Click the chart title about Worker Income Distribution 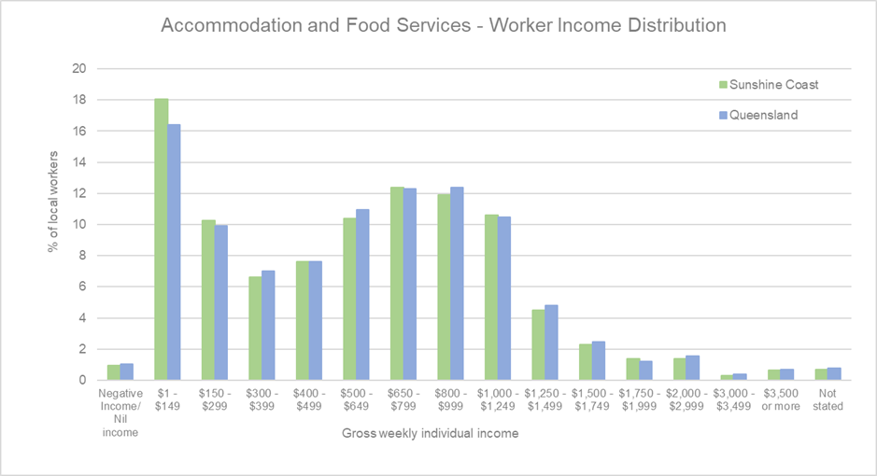click(x=444, y=26)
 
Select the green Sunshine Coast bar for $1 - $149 click(x=161, y=239)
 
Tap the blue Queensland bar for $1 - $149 click(x=174, y=252)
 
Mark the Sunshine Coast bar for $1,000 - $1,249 click(x=491, y=298)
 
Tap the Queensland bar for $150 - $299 click(x=221, y=302)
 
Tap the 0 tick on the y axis click(x=83, y=381)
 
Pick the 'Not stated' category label click(x=828, y=400)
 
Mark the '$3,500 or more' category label click(x=781, y=400)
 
